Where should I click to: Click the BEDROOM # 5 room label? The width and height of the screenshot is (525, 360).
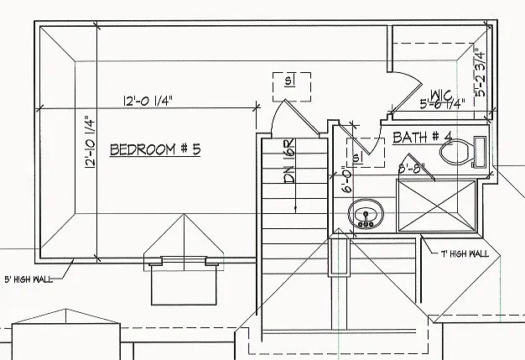click(156, 150)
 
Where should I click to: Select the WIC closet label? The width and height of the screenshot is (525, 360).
click(441, 94)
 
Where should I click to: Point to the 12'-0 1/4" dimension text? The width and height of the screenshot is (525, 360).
click(148, 102)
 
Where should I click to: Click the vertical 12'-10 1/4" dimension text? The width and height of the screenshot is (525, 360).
click(89, 143)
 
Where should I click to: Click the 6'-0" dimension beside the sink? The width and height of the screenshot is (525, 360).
click(346, 180)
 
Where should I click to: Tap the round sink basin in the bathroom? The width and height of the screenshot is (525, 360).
click(366, 216)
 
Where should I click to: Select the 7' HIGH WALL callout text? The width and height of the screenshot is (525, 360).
click(463, 252)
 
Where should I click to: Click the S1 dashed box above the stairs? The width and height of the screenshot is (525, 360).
click(291, 81)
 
